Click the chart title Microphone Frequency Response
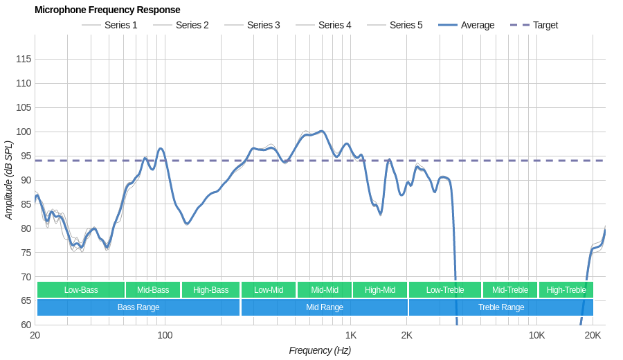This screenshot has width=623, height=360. click(107, 10)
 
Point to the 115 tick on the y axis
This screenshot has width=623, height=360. click(24, 59)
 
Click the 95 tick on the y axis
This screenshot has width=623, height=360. click(26, 156)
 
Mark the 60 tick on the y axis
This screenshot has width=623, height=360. click(26, 325)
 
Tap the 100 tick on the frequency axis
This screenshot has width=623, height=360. click(165, 335)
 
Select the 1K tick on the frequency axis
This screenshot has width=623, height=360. click(351, 335)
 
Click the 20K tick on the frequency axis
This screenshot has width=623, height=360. click(593, 335)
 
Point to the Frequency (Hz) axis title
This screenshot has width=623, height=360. click(320, 350)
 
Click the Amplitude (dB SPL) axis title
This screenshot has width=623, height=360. click(9, 180)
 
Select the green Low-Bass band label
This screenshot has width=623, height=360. click(81, 290)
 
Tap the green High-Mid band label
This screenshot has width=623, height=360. click(380, 290)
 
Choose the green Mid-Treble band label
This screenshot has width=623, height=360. click(510, 290)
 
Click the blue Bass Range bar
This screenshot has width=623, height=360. click(138, 307)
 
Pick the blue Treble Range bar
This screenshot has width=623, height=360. click(501, 307)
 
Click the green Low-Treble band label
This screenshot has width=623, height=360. click(445, 290)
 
